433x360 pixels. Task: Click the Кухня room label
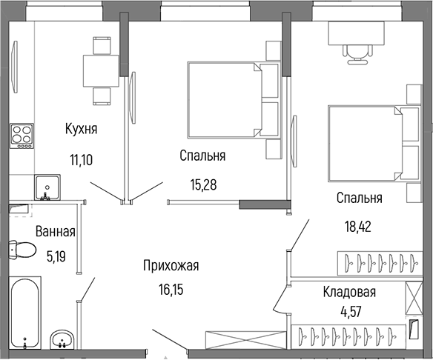click(82, 129)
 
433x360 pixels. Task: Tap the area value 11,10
click(82, 160)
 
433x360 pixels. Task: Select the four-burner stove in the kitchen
click(22, 136)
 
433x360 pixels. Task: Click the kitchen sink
click(47, 187)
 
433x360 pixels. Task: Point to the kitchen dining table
click(101, 71)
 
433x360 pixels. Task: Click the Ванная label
click(56, 231)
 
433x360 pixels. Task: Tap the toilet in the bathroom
click(22, 250)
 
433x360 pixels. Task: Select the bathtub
click(25, 313)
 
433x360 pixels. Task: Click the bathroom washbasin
click(62, 339)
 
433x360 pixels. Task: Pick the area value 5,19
click(56, 257)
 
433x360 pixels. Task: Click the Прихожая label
click(171, 266)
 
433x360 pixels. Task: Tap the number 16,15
click(171, 290)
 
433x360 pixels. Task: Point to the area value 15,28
click(203, 185)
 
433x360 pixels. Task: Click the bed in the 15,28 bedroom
click(234, 100)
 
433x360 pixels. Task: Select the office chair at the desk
click(357, 54)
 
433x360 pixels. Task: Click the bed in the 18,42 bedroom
click(374, 144)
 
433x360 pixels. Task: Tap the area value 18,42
click(358, 227)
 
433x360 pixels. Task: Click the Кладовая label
click(349, 292)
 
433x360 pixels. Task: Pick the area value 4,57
click(351, 312)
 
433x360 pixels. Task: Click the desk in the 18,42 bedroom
click(356, 33)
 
